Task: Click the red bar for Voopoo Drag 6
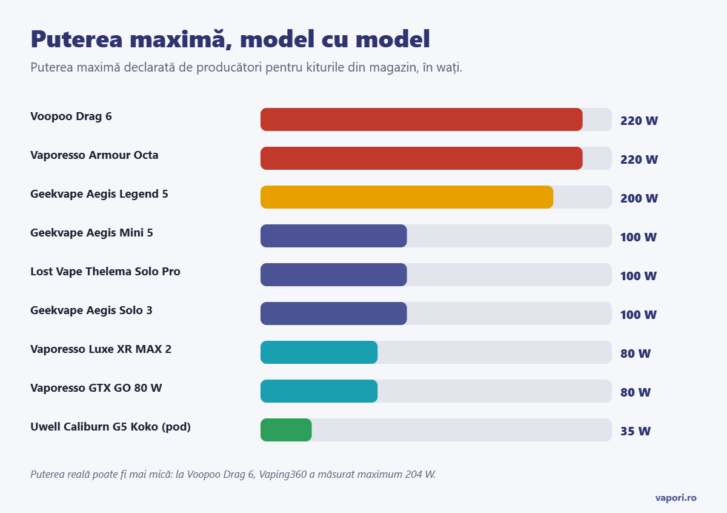(421, 119)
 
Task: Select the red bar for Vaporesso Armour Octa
(421, 158)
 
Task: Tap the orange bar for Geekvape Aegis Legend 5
(407, 197)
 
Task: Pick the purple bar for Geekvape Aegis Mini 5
(334, 236)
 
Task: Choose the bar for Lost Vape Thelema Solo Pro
(334, 275)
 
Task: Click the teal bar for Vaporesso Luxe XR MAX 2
(319, 352)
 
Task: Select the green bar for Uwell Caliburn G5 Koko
(286, 430)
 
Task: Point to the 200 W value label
(639, 198)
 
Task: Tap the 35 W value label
(636, 431)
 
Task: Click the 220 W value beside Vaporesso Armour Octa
(639, 159)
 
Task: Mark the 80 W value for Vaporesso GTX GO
(636, 392)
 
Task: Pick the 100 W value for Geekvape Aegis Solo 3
(639, 315)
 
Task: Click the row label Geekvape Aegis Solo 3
(91, 310)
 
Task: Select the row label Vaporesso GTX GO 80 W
(96, 388)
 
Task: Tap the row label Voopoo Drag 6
(71, 116)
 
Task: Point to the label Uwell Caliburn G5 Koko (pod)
(110, 427)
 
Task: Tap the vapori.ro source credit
(676, 498)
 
